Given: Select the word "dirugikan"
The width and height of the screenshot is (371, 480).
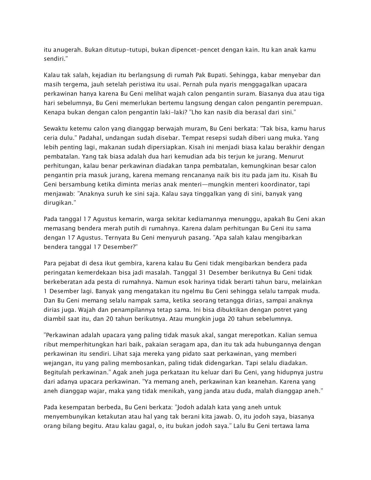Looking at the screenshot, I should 57,203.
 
